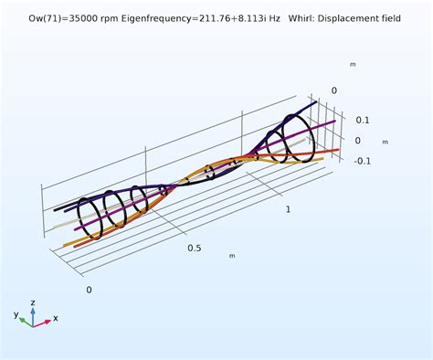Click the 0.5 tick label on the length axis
pyautogui.click(x=193, y=249)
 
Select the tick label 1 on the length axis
pyautogui.click(x=290, y=209)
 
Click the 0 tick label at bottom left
pyautogui.click(x=89, y=290)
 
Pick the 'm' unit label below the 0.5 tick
pyautogui.click(x=231, y=256)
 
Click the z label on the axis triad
pyautogui.click(x=32, y=302)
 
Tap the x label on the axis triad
pyautogui.click(x=56, y=319)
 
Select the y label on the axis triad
pyautogui.click(x=16, y=314)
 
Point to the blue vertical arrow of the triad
pyautogui.click(x=32, y=312)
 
